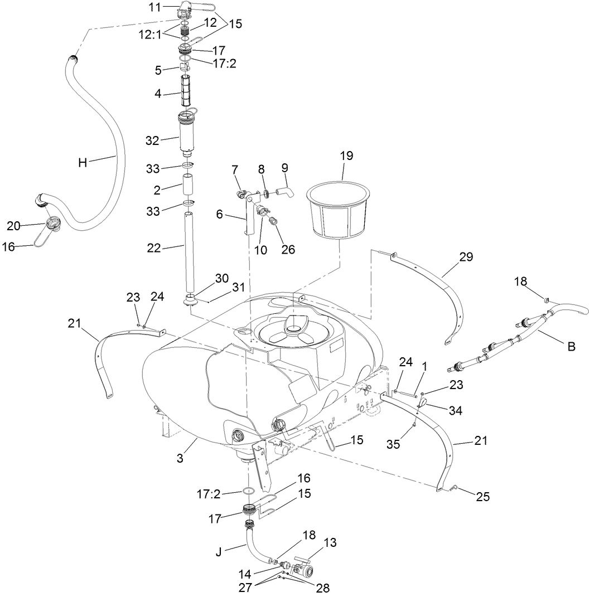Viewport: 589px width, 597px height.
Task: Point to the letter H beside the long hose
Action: (x=83, y=163)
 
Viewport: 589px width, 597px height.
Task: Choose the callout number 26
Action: (x=288, y=249)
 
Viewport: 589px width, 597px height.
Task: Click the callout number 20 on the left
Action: (x=14, y=225)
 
